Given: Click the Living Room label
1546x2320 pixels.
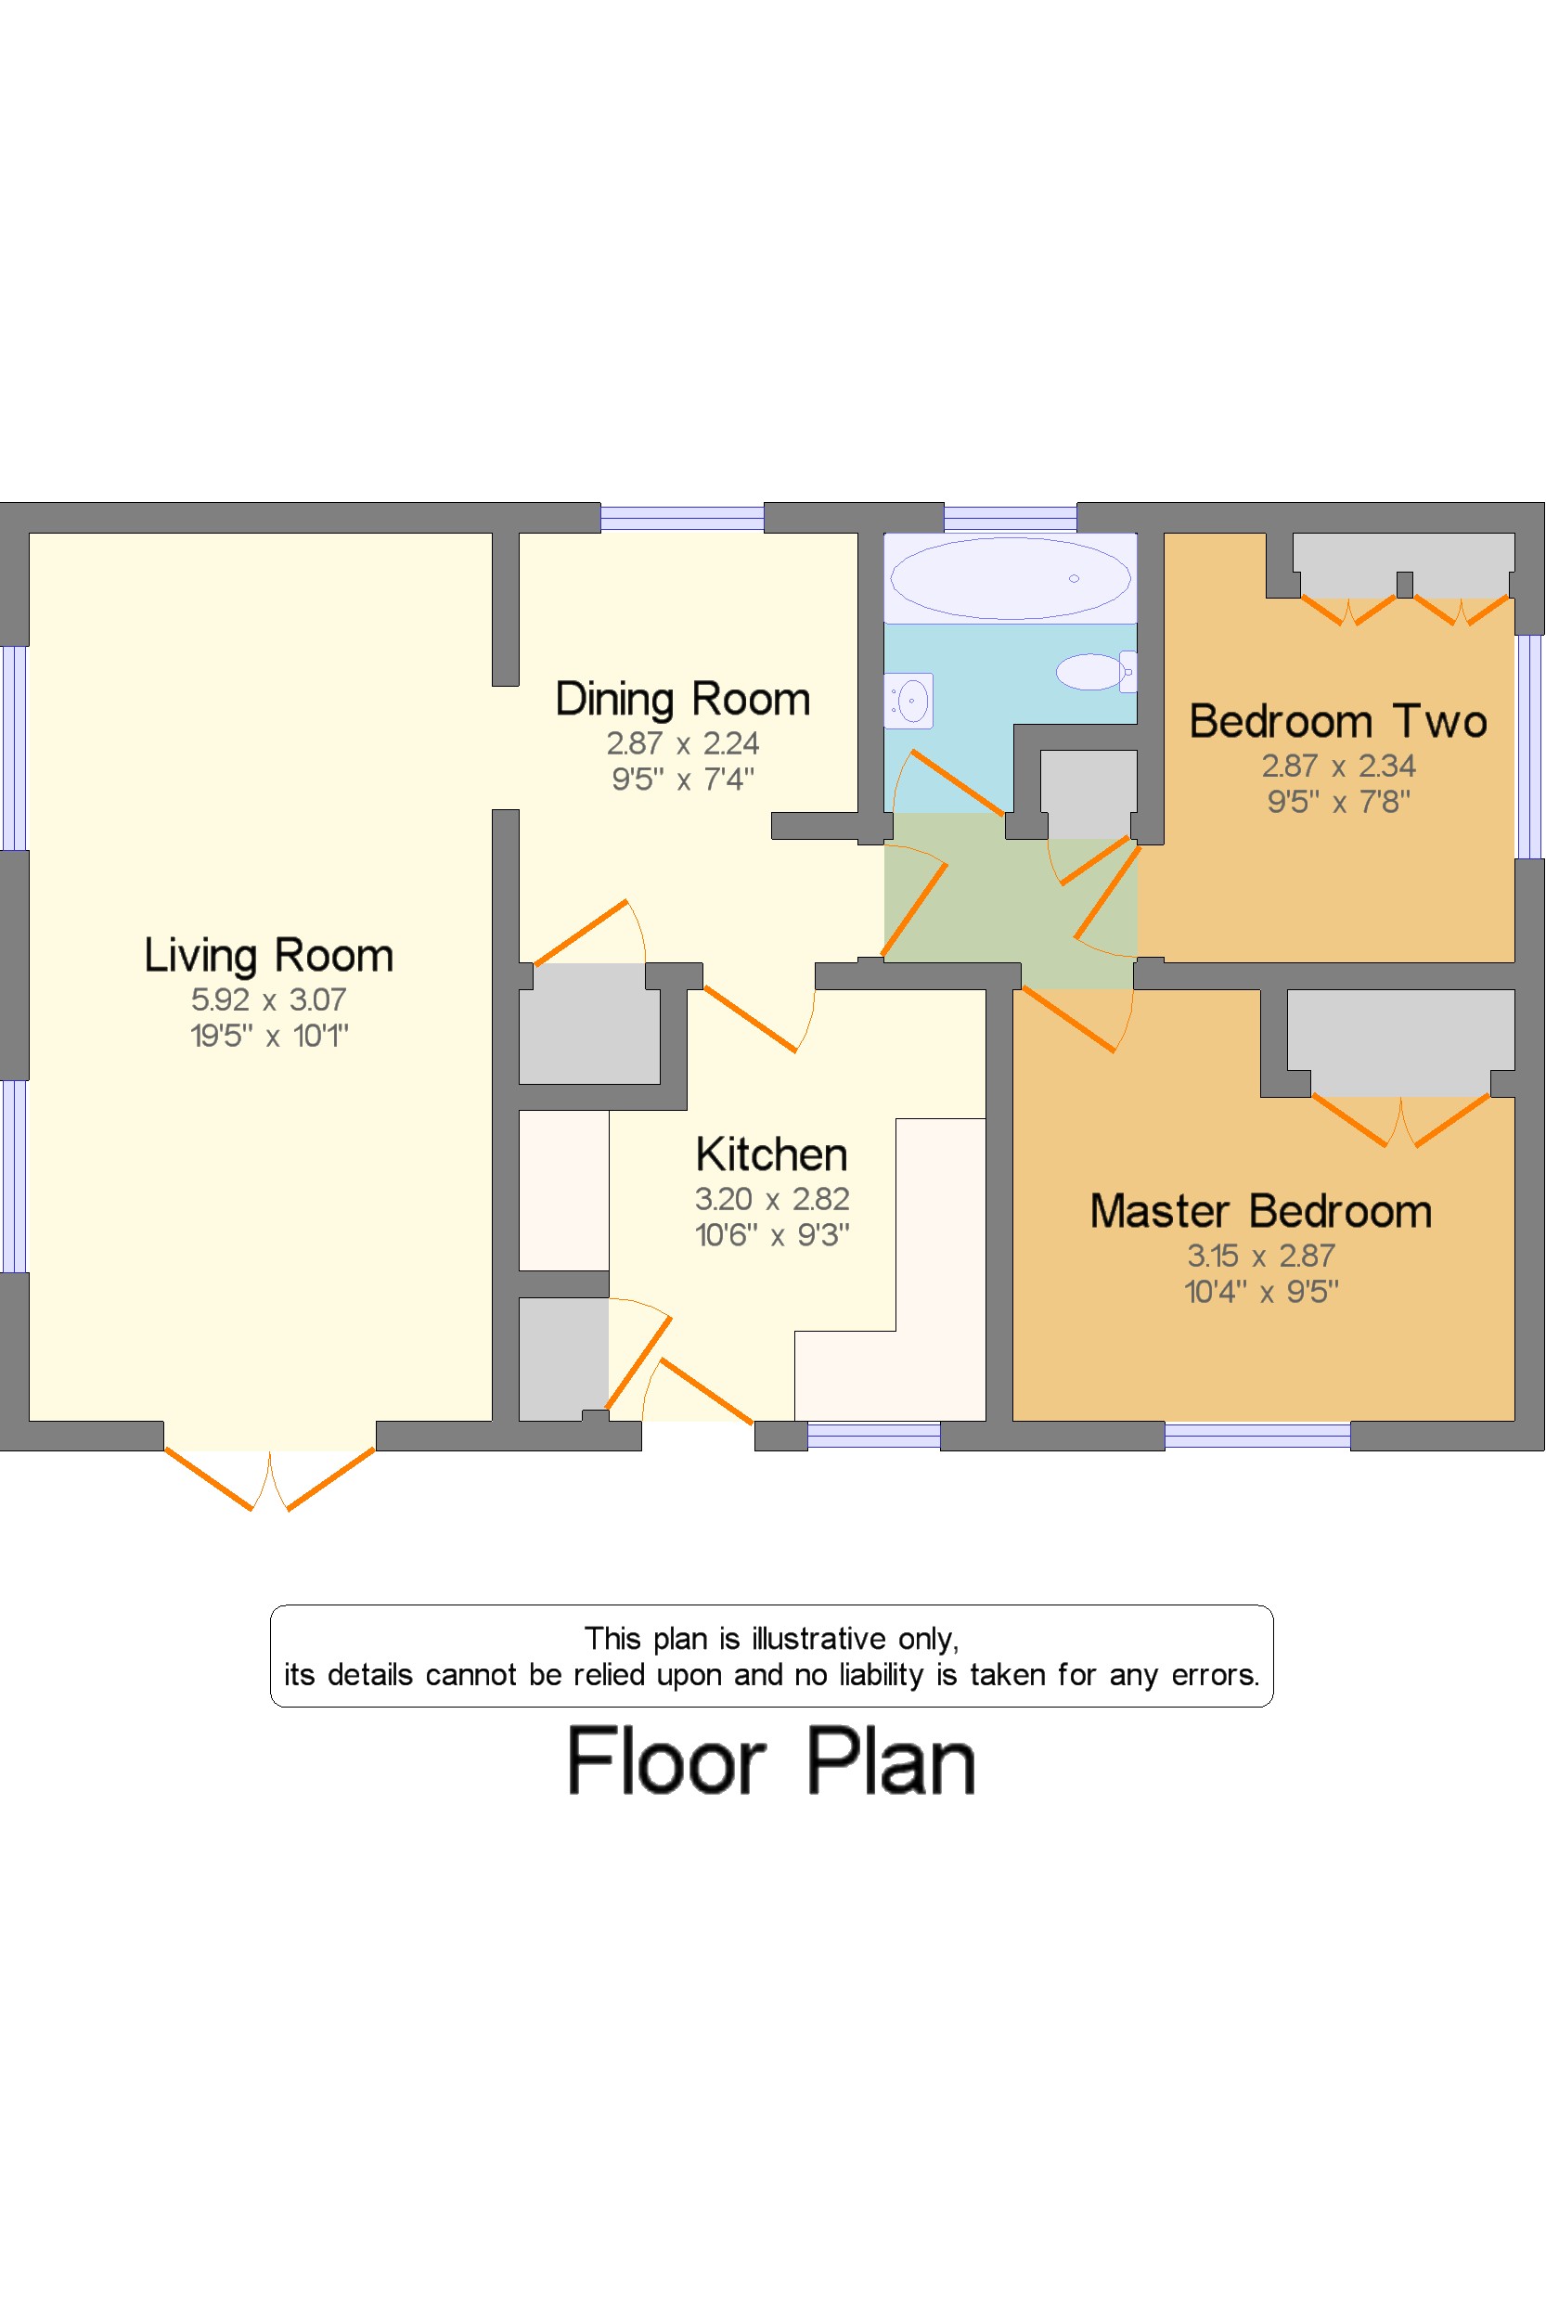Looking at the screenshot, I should (x=268, y=956).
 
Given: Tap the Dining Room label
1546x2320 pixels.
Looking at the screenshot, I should (x=682, y=699).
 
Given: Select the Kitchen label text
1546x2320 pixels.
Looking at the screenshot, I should (x=771, y=1154).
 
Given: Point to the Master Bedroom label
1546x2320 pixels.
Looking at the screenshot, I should (x=1260, y=1211).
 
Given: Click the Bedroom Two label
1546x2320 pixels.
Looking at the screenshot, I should (x=1338, y=722).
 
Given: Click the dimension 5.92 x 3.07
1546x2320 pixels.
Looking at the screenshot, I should (x=268, y=999).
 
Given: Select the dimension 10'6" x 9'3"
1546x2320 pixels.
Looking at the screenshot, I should (x=771, y=1234).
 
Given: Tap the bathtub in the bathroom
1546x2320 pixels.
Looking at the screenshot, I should (x=1010, y=579).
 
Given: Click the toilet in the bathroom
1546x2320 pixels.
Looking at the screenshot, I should (x=1094, y=672).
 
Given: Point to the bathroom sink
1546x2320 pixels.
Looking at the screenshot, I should (x=909, y=701).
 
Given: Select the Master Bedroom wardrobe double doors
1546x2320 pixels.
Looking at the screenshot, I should (x=1400, y=1122).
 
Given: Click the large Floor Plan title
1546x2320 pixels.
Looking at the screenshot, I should (x=771, y=1762).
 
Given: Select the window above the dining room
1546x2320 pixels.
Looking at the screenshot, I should (x=682, y=518).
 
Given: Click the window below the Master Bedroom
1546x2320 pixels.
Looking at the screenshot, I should (x=1257, y=1436).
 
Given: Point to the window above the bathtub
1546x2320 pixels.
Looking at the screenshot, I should (x=1010, y=518).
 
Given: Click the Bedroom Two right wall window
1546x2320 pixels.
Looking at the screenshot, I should (x=1529, y=746).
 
